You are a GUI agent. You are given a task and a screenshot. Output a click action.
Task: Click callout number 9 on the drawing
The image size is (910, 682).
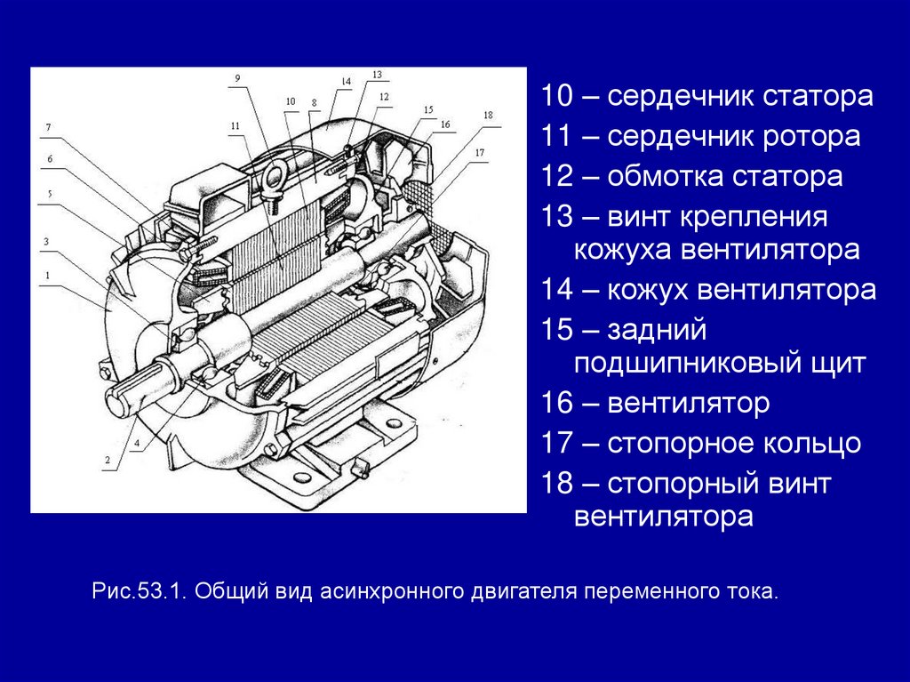point(236,79)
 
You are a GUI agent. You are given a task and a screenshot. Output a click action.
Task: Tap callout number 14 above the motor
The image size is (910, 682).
point(346,81)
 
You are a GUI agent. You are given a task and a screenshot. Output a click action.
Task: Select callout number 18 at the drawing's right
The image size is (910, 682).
point(488,115)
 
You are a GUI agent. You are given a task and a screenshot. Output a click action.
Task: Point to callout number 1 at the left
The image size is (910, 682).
point(48,276)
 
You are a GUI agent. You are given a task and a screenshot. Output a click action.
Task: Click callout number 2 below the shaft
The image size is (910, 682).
point(108,460)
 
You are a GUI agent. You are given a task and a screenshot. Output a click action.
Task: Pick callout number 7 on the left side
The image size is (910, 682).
point(48,127)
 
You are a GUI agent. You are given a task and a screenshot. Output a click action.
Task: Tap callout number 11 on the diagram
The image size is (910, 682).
point(235,125)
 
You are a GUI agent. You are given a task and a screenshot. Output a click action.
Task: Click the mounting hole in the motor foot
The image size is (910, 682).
point(302,477)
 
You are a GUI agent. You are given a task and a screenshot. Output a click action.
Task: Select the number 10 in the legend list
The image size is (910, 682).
point(556,96)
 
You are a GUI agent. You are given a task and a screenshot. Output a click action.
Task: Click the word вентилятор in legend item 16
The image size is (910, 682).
point(689,403)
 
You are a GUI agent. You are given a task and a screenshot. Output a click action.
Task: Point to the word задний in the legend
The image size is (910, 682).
point(657,331)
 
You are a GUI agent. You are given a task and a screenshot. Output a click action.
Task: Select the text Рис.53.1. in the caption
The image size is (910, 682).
point(138,592)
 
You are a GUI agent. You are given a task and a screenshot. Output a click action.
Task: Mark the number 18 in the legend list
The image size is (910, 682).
point(556,484)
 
